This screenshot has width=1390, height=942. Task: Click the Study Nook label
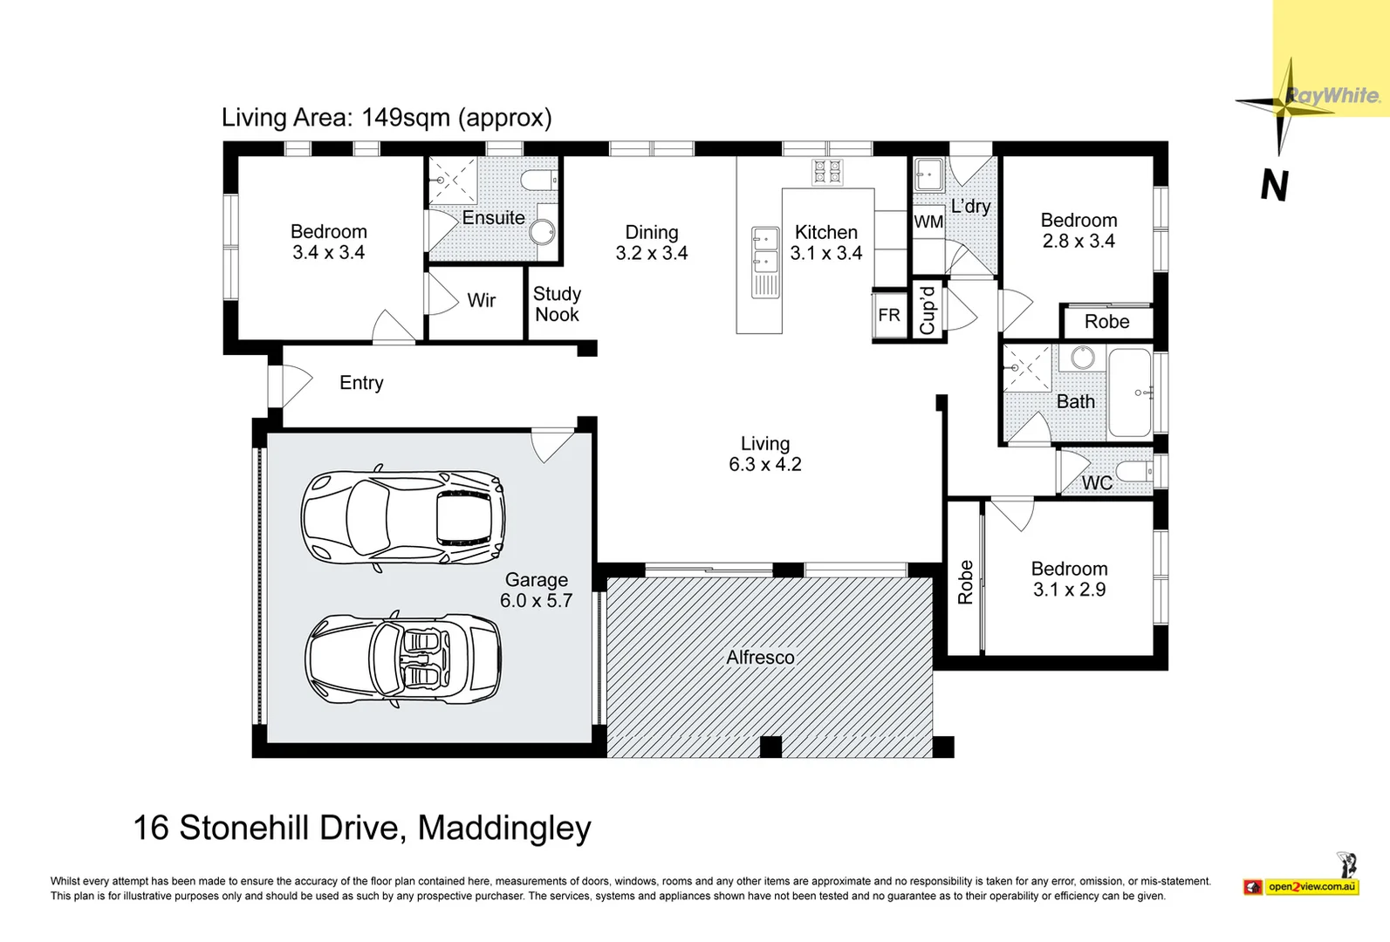(557, 304)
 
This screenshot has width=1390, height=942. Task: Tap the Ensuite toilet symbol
(538, 181)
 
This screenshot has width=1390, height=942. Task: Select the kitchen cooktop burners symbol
(827, 173)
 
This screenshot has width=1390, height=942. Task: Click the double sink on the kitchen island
(765, 249)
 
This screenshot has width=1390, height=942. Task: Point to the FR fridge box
(889, 315)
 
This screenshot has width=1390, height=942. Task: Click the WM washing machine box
(928, 222)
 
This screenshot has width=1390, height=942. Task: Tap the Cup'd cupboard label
(928, 311)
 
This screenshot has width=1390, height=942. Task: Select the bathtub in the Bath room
(1130, 393)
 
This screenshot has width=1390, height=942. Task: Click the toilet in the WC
(1135, 473)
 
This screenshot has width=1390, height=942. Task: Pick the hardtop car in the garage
(403, 518)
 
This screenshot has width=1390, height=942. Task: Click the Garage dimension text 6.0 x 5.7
(536, 601)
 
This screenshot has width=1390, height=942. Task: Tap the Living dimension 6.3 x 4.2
(765, 465)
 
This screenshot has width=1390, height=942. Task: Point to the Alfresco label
(760, 658)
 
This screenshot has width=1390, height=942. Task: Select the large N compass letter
(1275, 186)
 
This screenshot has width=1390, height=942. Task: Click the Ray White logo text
(1332, 96)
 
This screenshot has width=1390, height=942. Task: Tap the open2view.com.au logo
(1311, 887)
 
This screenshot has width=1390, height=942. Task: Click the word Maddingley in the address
(504, 828)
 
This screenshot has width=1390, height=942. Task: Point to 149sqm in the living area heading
(406, 118)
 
